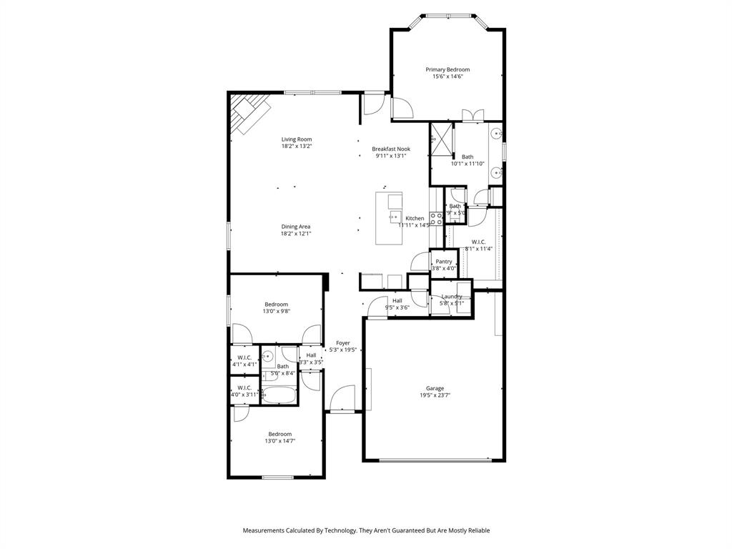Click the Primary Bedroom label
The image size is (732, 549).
[x=447, y=69]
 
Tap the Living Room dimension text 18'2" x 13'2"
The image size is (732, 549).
[x=296, y=146]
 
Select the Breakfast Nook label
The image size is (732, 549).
[x=391, y=149]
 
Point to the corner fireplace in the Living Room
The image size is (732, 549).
[x=248, y=113]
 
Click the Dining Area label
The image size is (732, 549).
[x=295, y=227]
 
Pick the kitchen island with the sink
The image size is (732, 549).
[x=390, y=217]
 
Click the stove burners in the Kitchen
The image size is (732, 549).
[x=435, y=218]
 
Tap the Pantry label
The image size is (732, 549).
[x=444, y=262]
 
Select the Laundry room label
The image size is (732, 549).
[x=452, y=296]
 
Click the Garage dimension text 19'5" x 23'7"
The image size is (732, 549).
[x=435, y=395]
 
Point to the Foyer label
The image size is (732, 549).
[x=343, y=343]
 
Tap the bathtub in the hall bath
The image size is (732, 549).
[x=279, y=395]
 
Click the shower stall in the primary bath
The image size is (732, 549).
[x=442, y=139]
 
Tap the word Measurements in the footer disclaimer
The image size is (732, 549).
[x=264, y=530]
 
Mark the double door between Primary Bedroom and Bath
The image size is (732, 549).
[x=473, y=115]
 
